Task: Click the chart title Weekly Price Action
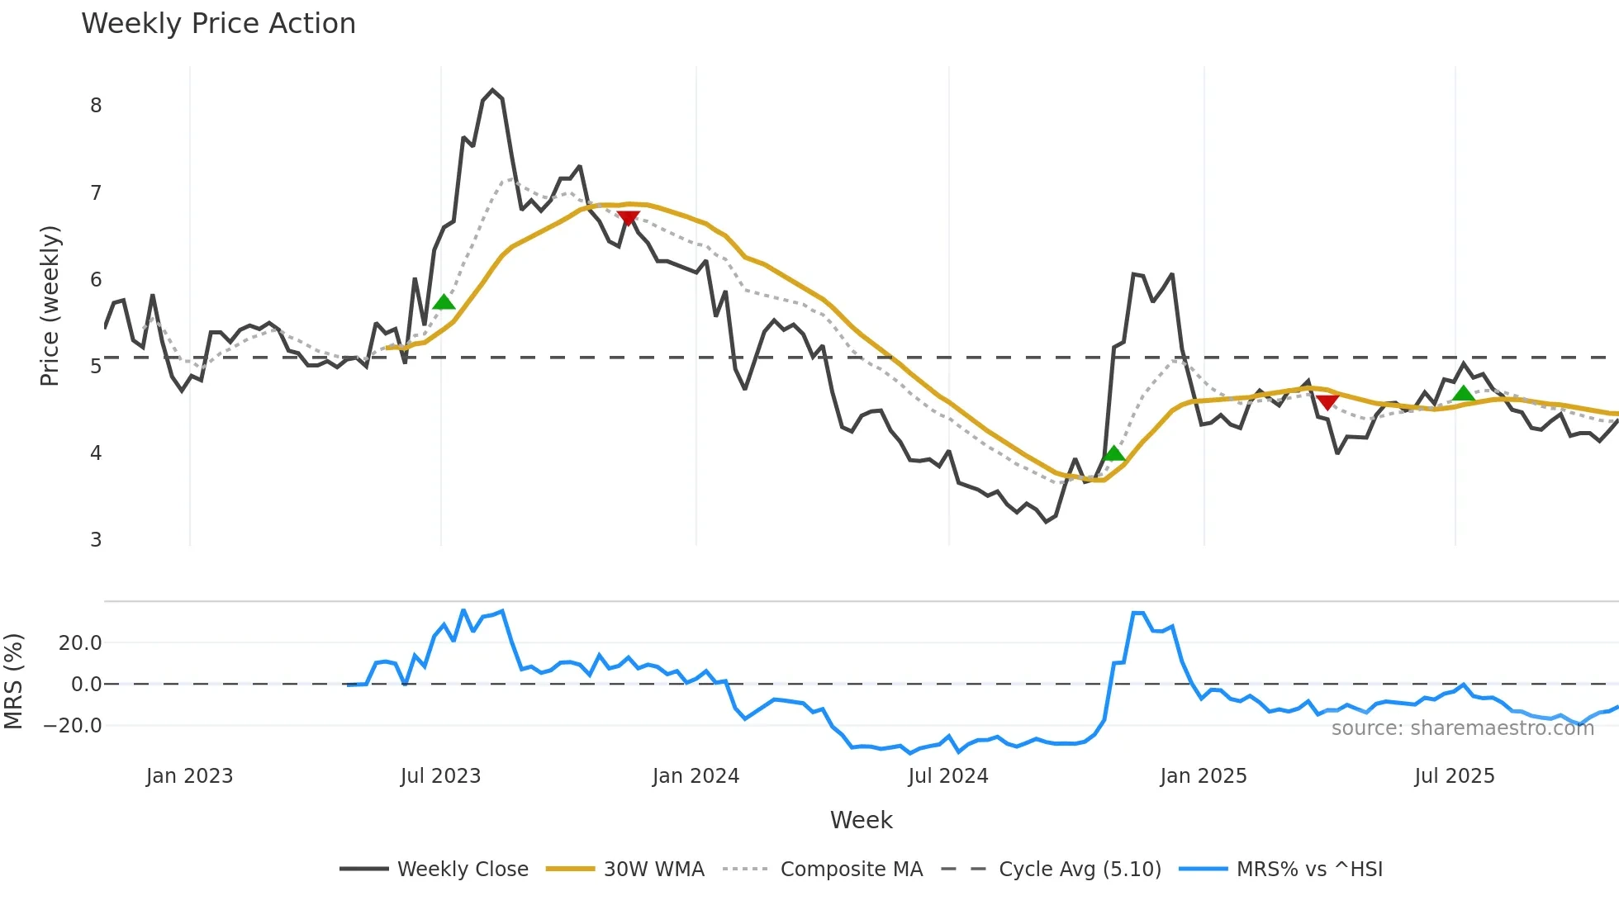coord(218,24)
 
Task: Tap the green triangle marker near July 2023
coord(444,302)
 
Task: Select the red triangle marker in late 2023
coord(628,218)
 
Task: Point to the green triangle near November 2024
coord(1113,453)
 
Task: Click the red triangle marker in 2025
coord(1327,402)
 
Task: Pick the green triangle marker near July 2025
coord(1464,394)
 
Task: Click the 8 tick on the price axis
coord(96,106)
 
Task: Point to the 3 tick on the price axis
coord(96,540)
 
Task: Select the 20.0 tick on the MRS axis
coord(80,643)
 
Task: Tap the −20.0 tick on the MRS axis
coord(74,726)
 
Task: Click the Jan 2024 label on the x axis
coord(696,776)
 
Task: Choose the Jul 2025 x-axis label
coord(1454,776)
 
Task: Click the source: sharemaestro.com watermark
coord(1462,728)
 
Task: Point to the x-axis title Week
coord(861,820)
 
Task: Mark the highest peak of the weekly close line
coord(492,90)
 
